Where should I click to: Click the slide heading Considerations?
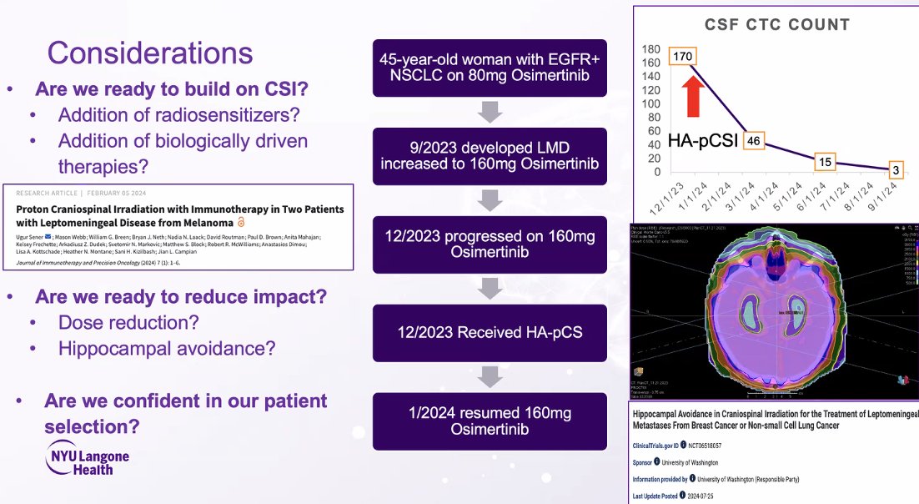tap(150, 53)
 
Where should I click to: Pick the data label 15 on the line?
tap(824, 162)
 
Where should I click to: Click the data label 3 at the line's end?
tap(896, 170)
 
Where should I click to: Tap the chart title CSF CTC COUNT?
tap(776, 24)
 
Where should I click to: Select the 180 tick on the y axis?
tap(651, 49)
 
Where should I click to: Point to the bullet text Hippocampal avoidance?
tap(167, 347)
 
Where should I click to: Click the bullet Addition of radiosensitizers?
tap(179, 115)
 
